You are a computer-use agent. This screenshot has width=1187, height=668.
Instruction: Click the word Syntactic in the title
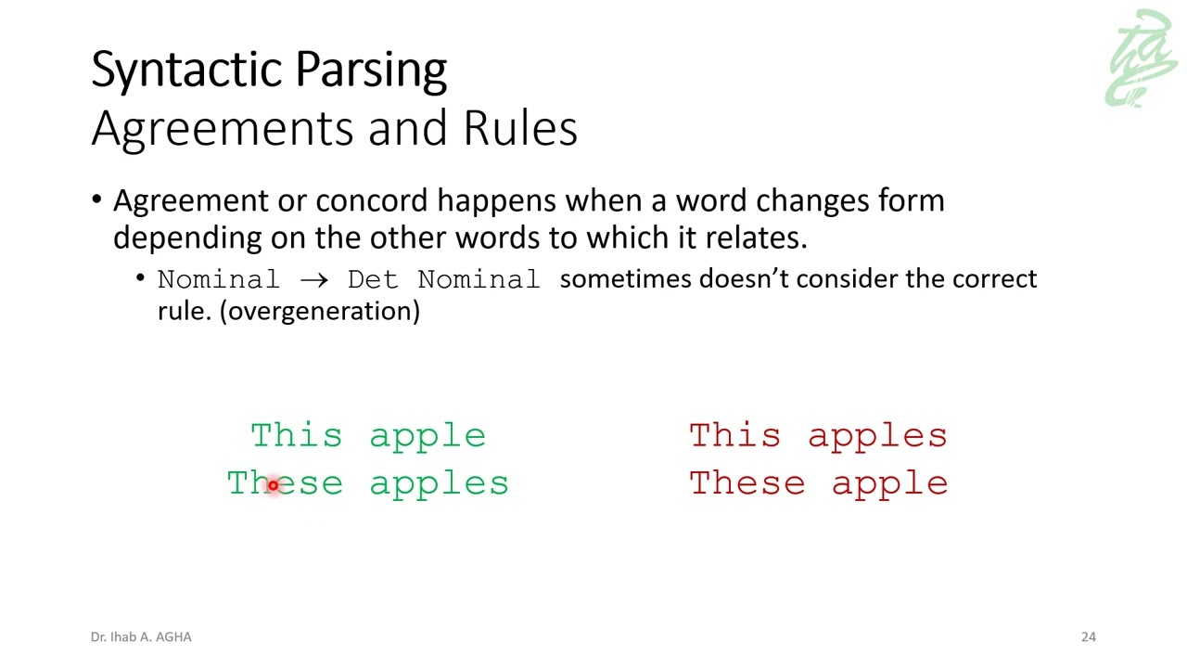click(188, 71)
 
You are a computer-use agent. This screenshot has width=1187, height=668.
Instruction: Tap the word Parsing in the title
click(370, 71)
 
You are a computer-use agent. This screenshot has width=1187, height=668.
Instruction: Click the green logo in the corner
click(1142, 59)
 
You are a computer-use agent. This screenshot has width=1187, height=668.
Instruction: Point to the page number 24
click(1088, 636)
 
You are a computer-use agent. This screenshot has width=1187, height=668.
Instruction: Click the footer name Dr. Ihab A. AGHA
click(141, 636)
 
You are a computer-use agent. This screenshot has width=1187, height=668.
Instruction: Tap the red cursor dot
click(273, 485)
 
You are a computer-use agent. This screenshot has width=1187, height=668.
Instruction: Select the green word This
click(297, 435)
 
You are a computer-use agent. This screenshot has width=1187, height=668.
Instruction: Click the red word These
click(747, 482)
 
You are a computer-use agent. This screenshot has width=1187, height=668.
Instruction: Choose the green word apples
click(439, 484)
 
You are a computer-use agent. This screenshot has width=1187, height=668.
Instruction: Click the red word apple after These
click(889, 484)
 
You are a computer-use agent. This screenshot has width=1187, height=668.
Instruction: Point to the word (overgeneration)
click(320, 311)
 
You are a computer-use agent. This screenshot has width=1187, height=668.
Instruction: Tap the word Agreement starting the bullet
click(191, 201)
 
